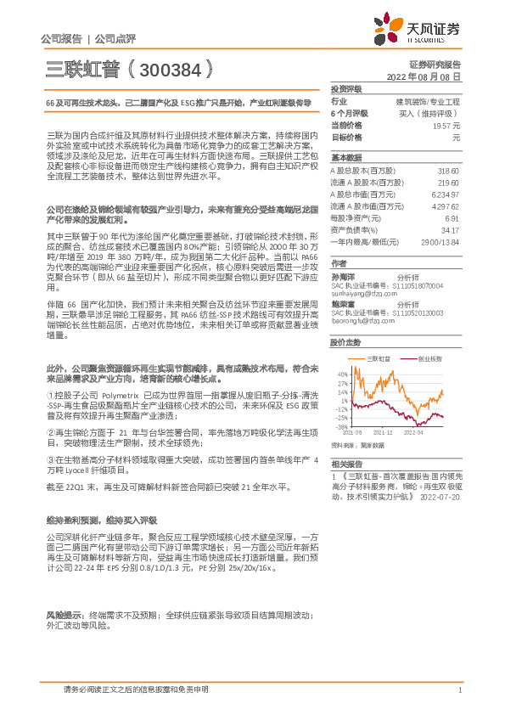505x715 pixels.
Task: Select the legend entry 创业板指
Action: click(429, 359)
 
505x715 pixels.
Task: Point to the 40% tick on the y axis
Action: click(341, 373)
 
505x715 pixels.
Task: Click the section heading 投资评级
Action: click(345, 89)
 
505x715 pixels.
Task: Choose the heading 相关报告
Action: click(345, 464)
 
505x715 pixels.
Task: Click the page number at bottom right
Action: click(459, 689)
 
